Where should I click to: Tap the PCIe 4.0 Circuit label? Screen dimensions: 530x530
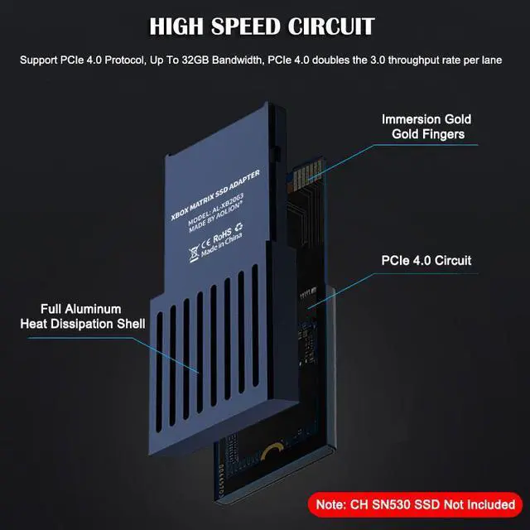coord(426,261)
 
